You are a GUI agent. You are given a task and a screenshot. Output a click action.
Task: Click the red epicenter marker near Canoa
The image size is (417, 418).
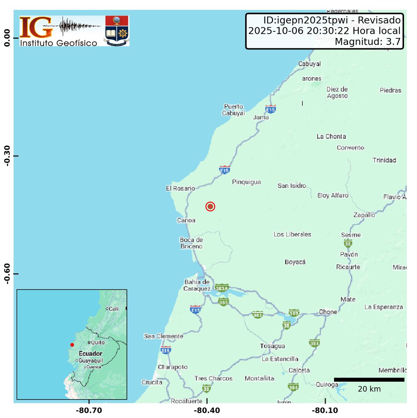[x=210, y=207]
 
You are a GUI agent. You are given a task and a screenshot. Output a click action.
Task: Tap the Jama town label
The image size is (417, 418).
[x=261, y=117]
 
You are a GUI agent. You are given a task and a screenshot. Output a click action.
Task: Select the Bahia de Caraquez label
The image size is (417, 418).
[x=197, y=285]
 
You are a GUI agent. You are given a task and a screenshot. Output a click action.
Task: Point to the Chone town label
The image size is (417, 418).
[x=328, y=312]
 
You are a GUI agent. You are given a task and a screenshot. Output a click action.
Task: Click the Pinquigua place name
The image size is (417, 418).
[x=247, y=182]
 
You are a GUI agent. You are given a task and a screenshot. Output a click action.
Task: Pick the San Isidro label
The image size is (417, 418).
[x=292, y=186]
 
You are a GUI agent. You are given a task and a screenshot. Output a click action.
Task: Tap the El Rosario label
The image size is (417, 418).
[x=180, y=188]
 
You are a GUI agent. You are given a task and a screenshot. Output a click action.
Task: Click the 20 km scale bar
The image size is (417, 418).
[x=369, y=380]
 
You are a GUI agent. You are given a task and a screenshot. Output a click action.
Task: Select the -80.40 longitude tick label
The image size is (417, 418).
[x=207, y=410]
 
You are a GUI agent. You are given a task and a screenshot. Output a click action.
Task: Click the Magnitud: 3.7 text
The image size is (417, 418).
[x=367, y=42]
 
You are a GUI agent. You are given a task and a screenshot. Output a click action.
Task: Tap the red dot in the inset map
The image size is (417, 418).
[x=72, y=345]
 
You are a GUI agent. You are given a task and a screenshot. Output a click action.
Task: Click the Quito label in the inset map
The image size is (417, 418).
[x=97, y=342]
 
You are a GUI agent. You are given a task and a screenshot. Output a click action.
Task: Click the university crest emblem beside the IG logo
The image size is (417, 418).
[x=117, y=31]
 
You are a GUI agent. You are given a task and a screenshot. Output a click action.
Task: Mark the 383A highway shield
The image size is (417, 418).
[x=222, y=288]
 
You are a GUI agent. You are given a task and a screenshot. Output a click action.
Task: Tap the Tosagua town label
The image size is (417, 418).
[x=273, y=346]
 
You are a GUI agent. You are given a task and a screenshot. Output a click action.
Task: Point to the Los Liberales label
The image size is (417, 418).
[x=292, y=234]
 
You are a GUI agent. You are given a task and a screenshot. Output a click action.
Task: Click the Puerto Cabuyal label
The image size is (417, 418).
[x=234, y=110]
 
